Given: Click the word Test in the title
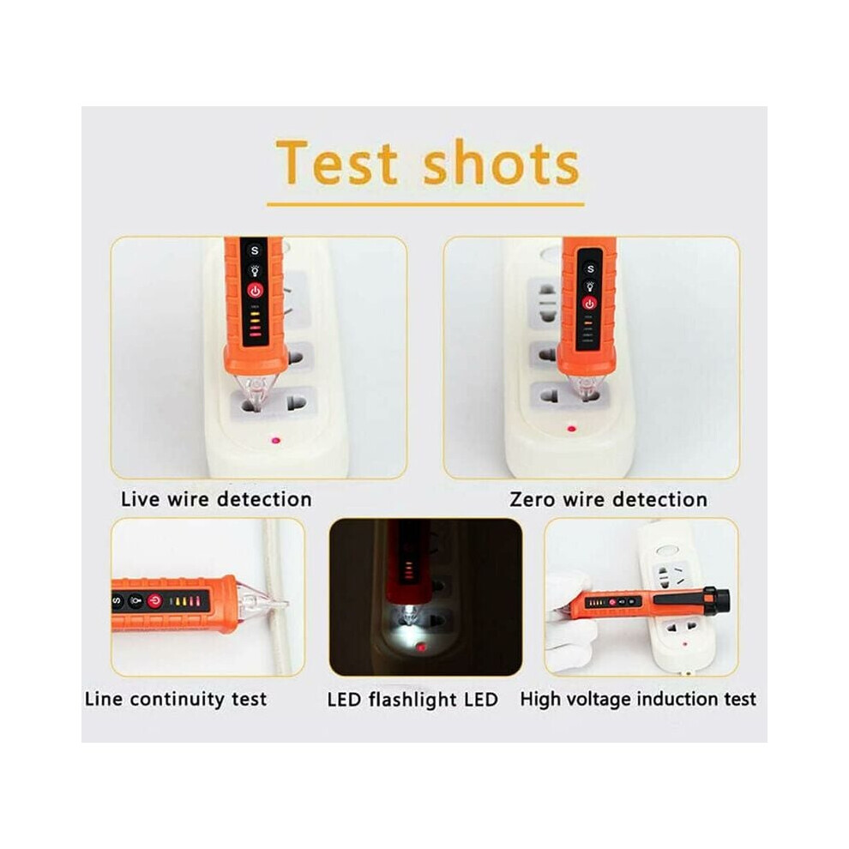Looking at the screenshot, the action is (x=337, y=162).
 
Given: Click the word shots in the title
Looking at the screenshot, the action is (x=501, y=161).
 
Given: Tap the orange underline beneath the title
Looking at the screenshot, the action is (x=425, y=205).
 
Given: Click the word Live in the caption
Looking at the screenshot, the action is (x=141, y=498).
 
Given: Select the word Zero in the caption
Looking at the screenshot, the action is (x=533, y=499).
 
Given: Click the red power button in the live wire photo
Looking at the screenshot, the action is (x=256, y=292).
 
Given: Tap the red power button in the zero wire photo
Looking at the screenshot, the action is (x=590, y=304).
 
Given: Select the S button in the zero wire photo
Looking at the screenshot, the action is (x=590, y=268).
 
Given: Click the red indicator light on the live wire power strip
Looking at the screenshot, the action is (x=276, y=440).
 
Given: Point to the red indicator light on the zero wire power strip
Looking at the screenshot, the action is (x=571, y=429).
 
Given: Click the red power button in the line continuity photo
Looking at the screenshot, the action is (x=155, y=601).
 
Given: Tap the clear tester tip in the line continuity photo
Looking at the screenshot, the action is (x=263, y=602).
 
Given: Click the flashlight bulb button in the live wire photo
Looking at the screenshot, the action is (x=255, y=271).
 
